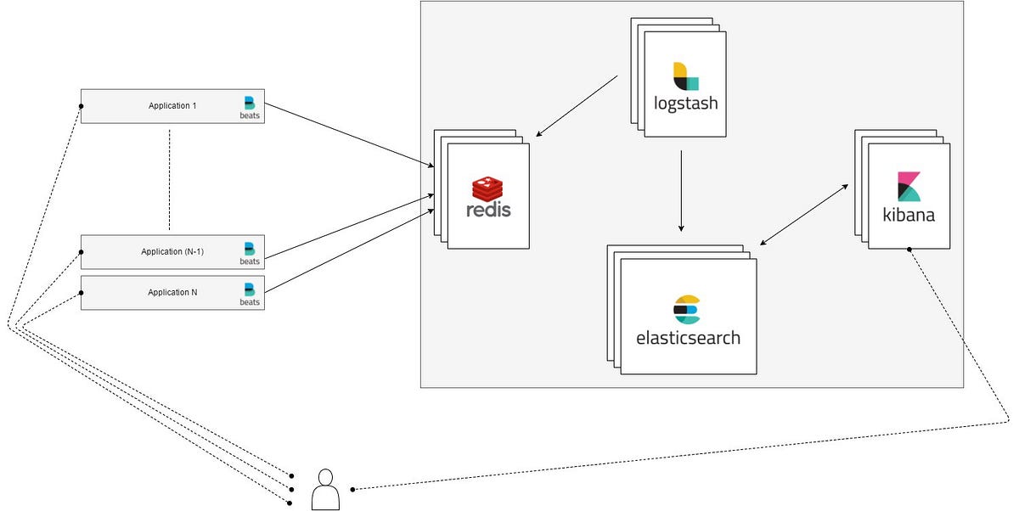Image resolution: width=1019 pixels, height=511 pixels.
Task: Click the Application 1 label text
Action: coord(172,106)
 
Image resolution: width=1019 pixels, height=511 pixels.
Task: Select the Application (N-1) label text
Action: coord(172,251)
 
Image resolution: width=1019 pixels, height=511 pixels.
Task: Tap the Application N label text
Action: coord(172,292)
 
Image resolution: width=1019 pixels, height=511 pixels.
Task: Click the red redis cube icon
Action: coord(488,187)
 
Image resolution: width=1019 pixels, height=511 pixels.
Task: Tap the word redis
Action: coord(488,208)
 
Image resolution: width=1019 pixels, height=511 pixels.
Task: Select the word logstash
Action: coord(685,104)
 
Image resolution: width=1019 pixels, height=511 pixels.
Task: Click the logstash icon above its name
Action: coord(685,76)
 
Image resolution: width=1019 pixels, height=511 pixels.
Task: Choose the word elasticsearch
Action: coord(688,337)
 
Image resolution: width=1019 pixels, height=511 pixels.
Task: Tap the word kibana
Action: coord(909,214)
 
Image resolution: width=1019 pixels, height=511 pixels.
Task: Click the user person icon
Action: coord(325,490)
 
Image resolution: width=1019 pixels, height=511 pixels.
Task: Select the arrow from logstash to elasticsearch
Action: coord(680,191)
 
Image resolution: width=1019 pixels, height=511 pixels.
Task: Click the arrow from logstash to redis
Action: coord(577,106)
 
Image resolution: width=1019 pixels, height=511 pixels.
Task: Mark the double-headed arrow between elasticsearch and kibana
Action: coord(804,213)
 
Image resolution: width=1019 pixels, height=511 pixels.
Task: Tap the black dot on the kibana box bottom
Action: coord(909,249)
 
